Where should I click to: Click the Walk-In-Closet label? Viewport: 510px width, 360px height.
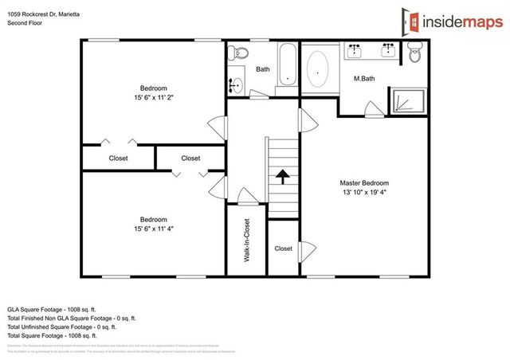pos(248,240)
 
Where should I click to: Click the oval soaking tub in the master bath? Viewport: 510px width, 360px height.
pos(319,69)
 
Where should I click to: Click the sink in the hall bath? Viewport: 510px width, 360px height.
pos(235,84)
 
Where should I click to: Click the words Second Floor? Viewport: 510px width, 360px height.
pos(25,24)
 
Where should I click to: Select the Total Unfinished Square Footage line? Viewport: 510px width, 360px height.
pos(62,327)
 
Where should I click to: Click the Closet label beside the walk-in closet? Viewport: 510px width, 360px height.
pos(284,248)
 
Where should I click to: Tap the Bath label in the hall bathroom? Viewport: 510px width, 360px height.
pos(263,69)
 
